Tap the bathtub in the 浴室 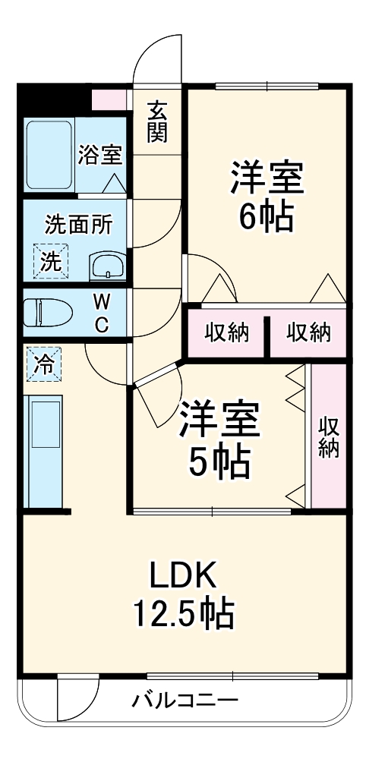pos(49,155)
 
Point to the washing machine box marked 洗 pos(50,262)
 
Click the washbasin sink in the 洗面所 pos(108,266)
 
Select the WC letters pos(101,314)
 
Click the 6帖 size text pos(267,217)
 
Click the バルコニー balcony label pos(185,701)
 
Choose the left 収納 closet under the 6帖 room pos(226,333)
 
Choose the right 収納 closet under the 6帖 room pos(308,333)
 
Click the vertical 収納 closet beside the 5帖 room pos(329,436)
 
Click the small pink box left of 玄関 pos(109,99)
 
